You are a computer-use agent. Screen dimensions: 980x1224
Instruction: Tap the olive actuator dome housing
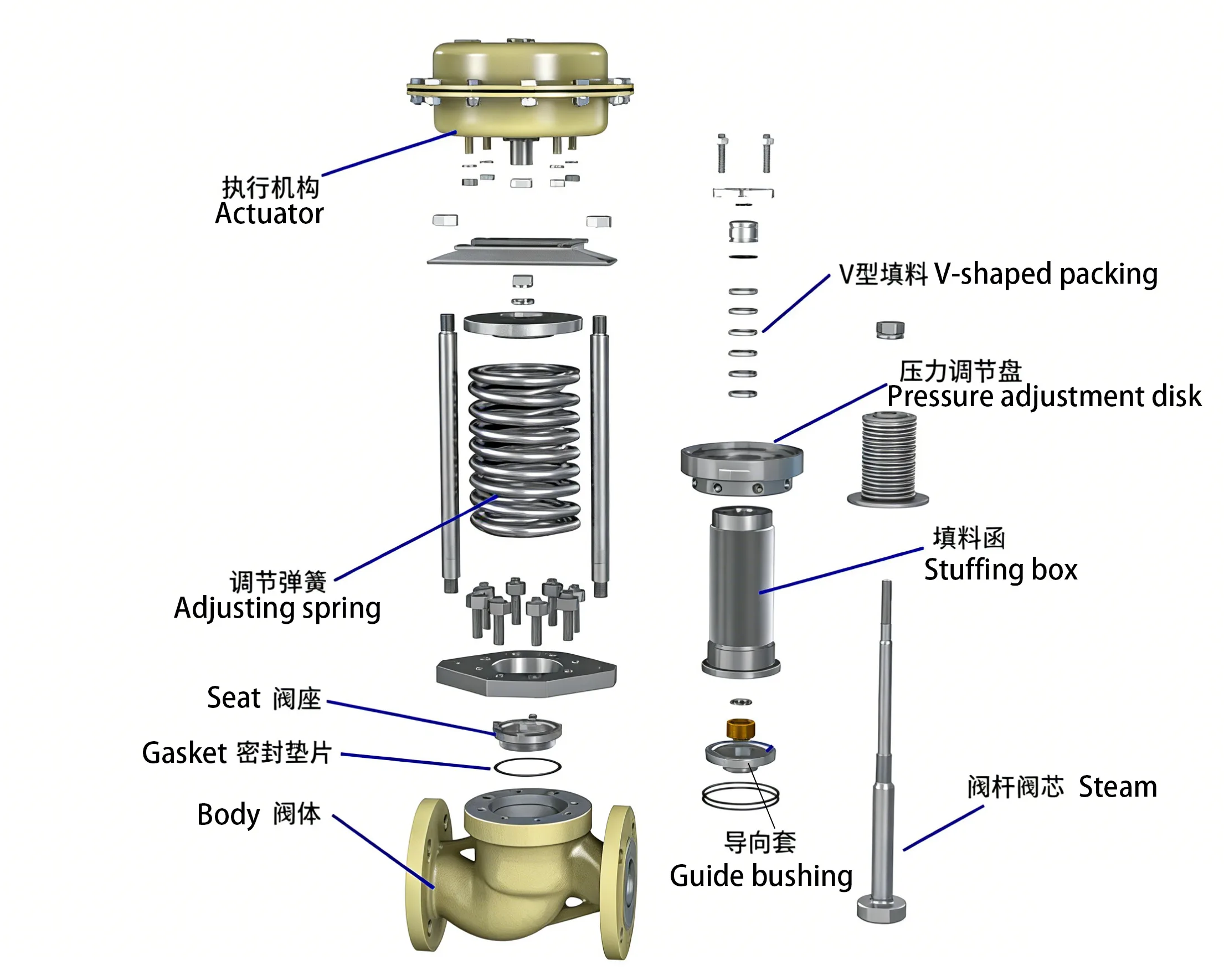520,85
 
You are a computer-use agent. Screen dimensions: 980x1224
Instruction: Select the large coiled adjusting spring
523,449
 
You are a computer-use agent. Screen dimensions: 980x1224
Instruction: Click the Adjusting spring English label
277,609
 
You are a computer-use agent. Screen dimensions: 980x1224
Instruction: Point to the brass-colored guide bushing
740,728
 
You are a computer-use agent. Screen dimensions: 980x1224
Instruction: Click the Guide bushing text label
761,876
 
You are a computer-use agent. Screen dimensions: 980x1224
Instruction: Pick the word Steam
1117,787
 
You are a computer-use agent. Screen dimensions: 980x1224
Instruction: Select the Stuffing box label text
1000,569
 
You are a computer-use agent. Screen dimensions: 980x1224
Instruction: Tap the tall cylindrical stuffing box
741,591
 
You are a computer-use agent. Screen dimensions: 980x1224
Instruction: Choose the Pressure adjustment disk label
1043,396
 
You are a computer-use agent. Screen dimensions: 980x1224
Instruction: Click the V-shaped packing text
1046,274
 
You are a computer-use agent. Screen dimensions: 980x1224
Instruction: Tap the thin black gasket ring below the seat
527,767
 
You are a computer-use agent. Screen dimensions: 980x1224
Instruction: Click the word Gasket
184,753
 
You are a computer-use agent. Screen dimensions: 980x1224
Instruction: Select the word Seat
233,698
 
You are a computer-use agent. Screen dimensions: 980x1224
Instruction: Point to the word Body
228,815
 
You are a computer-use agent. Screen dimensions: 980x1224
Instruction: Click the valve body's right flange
620,880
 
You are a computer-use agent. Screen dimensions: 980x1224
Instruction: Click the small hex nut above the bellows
889,329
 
